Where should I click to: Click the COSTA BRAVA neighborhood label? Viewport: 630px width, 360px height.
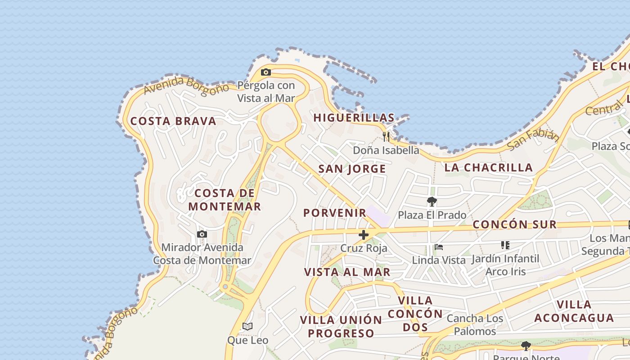click(173, 121)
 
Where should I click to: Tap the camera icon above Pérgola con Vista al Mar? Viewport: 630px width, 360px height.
click(266, 72)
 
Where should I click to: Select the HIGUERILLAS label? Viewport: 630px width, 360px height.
click(354, 118)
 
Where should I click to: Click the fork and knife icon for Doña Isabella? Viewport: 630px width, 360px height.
click(386, 136)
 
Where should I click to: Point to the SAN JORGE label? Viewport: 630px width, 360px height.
click(352, 169)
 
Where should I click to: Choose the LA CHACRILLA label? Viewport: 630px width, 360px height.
click(488, 168)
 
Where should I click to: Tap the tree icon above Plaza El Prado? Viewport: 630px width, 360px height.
click(432, 201)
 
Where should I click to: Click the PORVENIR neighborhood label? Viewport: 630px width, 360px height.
click(334, 213)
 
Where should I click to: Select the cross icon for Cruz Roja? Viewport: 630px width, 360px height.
click(364, 234)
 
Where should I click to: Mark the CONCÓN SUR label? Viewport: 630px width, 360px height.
click(514, 225)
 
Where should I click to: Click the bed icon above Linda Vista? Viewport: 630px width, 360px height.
click(439, 247)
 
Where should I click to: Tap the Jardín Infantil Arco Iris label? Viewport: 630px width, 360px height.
click(505, 265)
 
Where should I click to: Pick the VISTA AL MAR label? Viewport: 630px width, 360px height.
click(347, 272)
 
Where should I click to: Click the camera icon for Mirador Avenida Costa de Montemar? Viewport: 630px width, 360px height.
click(202, 234)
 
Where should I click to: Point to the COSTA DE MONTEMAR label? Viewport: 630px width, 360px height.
click(225, 200)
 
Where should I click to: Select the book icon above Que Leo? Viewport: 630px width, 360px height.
click(247, 326)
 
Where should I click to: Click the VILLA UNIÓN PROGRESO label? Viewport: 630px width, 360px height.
click(341, 327)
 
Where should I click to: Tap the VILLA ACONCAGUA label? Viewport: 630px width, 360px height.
click(574, 311)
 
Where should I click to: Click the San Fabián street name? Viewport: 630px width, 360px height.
click(532, 140)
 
